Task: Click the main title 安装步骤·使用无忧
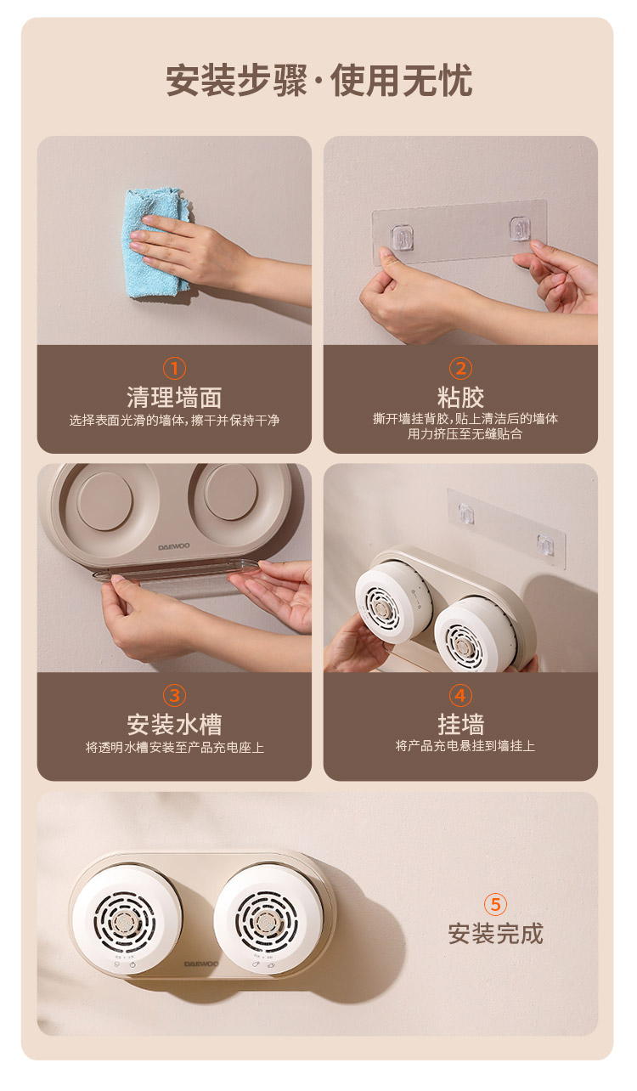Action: click(319, 81)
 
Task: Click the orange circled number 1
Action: click(174, 368)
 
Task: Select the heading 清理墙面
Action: click(174, 397)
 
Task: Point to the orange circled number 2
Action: click(460, 368)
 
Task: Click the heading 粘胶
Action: click(460, 397)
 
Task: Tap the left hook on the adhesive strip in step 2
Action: click(402, 237)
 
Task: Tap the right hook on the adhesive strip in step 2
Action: click(520, 229)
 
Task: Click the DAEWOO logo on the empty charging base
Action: click(174, 547)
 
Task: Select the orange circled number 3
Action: click(174, 695)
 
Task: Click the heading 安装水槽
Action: click(174, 724)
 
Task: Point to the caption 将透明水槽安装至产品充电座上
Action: click(174, 747)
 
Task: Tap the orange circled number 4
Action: click(460, 695)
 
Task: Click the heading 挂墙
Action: click(460, 724)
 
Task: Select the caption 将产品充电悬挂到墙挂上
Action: click(465, 746)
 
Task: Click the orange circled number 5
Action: click(495, 904)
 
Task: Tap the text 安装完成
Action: click(495, 933)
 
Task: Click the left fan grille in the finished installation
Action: click(125, 922)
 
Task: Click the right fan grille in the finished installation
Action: click(266, 922)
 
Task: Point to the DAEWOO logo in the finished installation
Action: click(201, 964)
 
